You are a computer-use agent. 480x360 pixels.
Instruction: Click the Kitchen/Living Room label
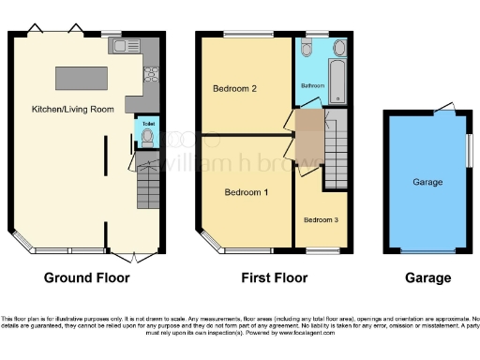point(73,109)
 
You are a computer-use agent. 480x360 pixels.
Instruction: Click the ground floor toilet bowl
point(147,138)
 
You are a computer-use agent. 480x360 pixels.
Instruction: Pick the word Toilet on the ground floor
point(147,123)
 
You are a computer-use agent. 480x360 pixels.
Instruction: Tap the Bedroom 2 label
point(234,89)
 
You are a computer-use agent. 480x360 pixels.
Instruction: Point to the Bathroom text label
point(312,85)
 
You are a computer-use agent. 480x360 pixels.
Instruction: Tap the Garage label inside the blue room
point(427,183)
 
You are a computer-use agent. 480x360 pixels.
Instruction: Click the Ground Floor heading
point(87,277)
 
